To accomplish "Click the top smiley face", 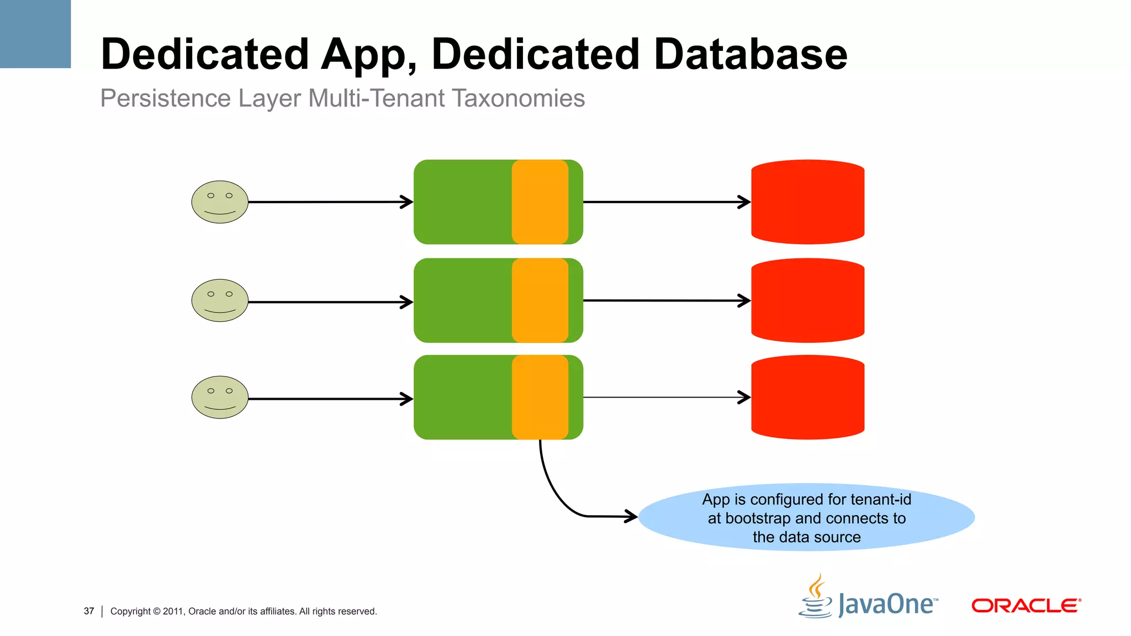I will pyautogui.click(x=220, y=202).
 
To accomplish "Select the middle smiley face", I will pyautogui.click(x=220, y=300).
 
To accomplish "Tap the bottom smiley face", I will pyautogui.click(x=220, y=397).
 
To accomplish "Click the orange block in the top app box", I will pyautogui.click(x=540, y=202).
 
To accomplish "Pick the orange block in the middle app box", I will pyautogui.click(x=540, y=300).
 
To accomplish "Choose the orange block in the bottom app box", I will pyautogui.click(x=540, y=397).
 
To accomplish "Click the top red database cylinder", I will pyautogui.click(x=807, y=202).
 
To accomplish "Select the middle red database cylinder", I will pyautogui.click(x=807, y=300).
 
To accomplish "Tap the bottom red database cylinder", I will pyautogui.click(x=807, y=397).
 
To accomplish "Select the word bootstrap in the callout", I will pyautogui.click(x=758, y=518).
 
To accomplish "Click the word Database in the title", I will pyautogui.click(x=751, y=54).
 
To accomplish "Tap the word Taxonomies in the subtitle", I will pyautogui.click(x=518, y=98).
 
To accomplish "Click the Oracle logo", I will pyautogui.click(x=1026, y=606).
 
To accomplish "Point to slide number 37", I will pyautogui.click(x=89, y=611).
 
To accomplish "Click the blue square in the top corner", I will pyautogui.click(x=35, y=34).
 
